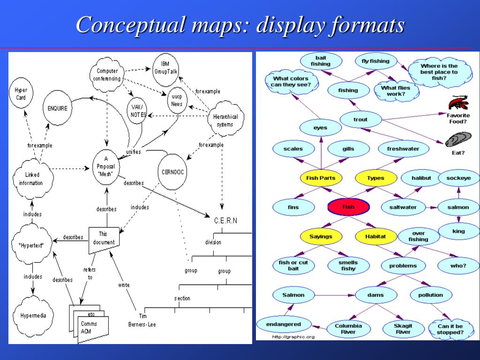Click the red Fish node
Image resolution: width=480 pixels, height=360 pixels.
(x=348, y=207)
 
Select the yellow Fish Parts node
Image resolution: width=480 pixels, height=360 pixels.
(x=321, y=178)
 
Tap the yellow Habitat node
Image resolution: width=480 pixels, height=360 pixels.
(x=375, y=237)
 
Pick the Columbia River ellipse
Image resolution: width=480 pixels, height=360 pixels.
(x=348, y=329)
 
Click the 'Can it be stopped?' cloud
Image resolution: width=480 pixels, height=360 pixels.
(x=450, y=329)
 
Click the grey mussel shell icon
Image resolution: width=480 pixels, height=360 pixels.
(x=455, y=140)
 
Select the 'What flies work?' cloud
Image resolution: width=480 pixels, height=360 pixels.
(x=395, y=90)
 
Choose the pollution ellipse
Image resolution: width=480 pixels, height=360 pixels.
(x=430, y=295)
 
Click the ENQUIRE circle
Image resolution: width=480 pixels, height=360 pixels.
(x=58, y=108)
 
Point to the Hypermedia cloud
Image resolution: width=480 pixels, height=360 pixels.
(x=33, y=315)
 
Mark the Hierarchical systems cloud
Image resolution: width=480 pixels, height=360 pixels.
(x=225, y=120)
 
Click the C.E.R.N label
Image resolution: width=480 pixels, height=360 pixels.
(x=225, y=220)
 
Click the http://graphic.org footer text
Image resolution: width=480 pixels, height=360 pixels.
(x=292, y=337)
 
